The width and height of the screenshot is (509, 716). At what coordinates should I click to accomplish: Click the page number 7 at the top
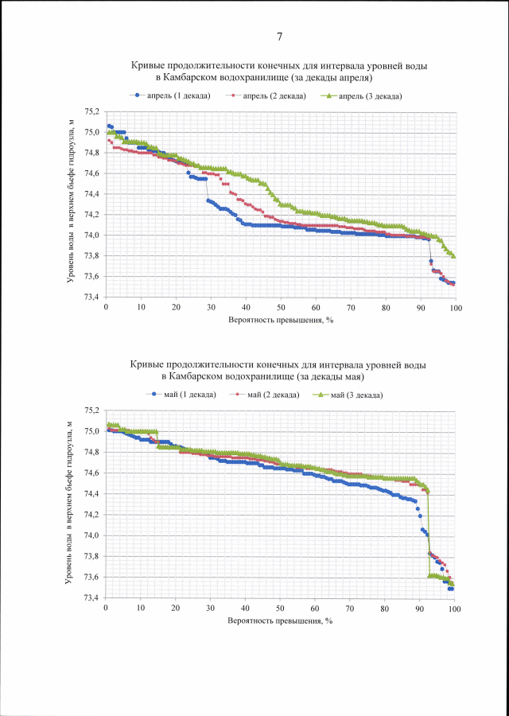pos(280,37)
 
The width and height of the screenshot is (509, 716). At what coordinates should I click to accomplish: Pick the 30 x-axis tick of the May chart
pos(210,609)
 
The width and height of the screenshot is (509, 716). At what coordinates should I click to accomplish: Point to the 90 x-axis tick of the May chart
pos(420,609)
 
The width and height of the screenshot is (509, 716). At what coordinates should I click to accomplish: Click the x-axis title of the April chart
pos(279,320)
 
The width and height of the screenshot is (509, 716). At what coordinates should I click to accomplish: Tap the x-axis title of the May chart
pos(279,621)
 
